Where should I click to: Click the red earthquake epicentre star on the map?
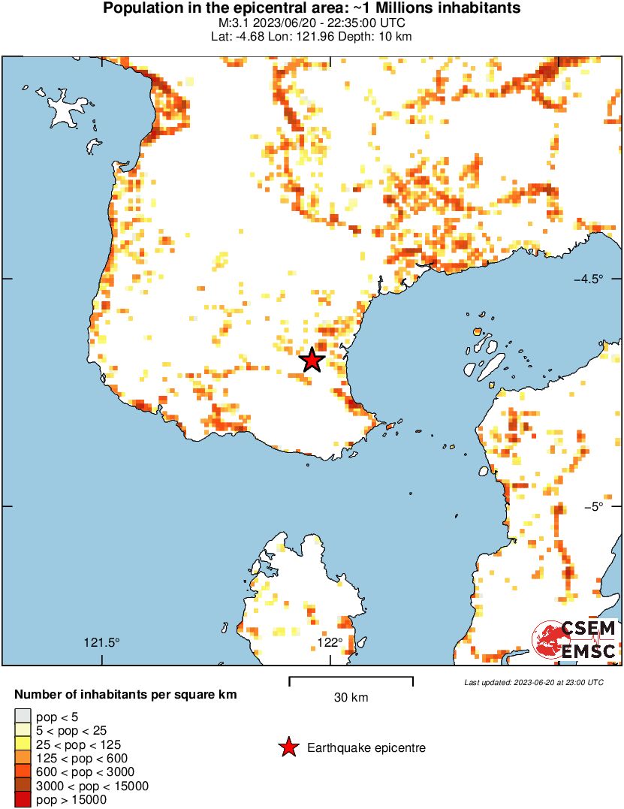(312, 361)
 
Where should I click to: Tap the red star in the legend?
(288, 747)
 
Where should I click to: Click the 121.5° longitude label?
(101, 642)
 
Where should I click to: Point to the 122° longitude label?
(330, 642)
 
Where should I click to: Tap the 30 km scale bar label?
(351, 698)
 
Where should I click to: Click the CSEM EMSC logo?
(575, 641)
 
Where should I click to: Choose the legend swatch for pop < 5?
(23, 717)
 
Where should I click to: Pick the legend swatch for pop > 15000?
(23, 800)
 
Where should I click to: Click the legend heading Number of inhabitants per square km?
(125, 695)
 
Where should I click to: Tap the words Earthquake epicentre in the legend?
(366, 748)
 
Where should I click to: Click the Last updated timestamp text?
(534, 683)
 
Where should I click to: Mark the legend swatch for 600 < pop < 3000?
(23, 772)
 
